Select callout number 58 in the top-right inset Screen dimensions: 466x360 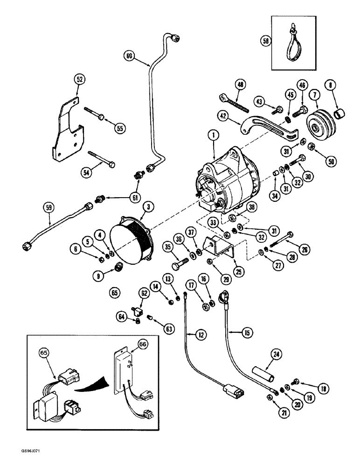pos(265,41)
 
